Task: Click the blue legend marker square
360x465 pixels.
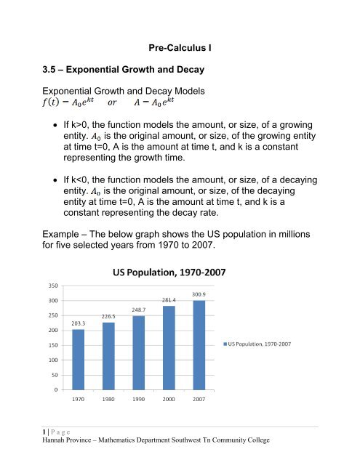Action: [x=225, y=343]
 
